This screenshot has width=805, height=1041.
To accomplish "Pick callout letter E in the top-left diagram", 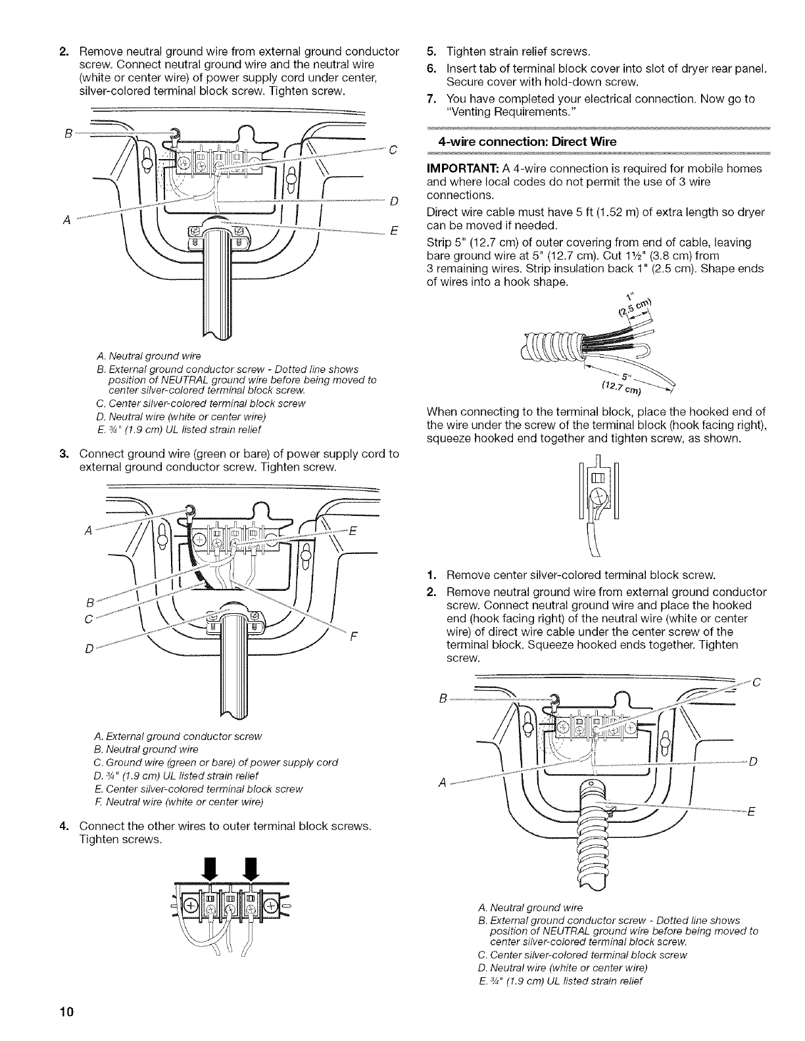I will point(392,231).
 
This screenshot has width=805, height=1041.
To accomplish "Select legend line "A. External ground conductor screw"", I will point(178,735).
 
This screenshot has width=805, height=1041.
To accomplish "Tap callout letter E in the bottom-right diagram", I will point(750,811).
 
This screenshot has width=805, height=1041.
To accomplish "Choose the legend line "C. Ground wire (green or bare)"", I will point(216,762).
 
